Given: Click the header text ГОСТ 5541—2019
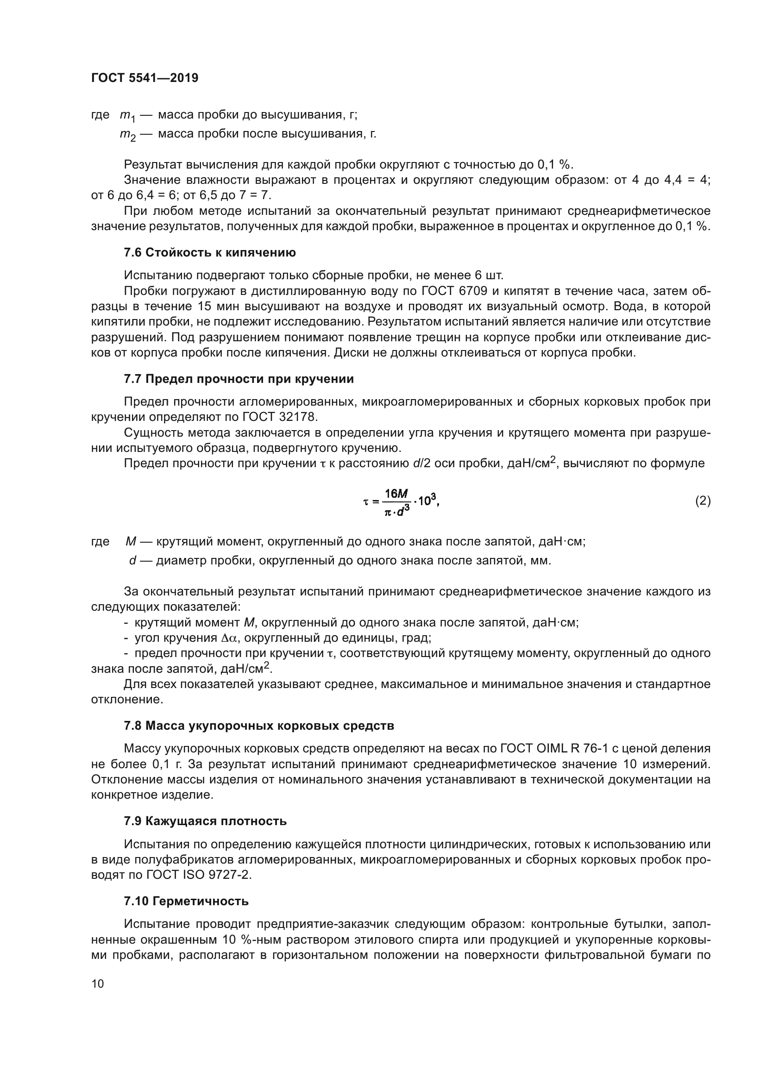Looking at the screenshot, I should click(x=144, y=78).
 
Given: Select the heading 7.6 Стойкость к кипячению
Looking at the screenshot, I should click(x=210, y=253).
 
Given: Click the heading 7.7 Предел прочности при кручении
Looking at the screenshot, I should click(x=239, y=379).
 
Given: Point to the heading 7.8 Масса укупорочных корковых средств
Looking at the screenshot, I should click(x=259, y=726).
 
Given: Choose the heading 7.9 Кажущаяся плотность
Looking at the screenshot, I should click(x=205, y=821).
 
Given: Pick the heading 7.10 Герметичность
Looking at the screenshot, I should click(x=186, y=901).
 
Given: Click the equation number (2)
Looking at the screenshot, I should click(x=703, y=501).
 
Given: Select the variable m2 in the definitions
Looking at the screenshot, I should click(x=127, y=135).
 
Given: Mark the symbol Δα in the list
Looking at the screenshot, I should click(x=227, y=638).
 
